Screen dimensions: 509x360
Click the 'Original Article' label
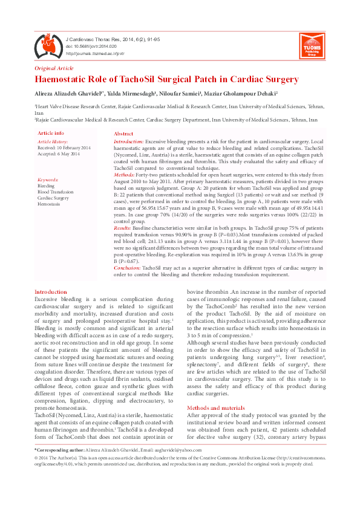click(54, 68)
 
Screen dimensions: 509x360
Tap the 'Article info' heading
click(51, 132)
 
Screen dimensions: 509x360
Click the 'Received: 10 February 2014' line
click(64, 148)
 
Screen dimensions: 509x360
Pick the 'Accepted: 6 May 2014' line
click(58, 154)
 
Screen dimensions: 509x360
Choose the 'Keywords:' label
click(48, 180)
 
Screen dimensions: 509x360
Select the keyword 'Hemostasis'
click(49, 203)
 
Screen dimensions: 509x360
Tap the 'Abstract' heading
click(123, 133)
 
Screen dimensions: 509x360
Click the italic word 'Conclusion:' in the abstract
click(128, 267)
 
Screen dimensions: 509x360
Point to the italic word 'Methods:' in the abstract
click(125, 174)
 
